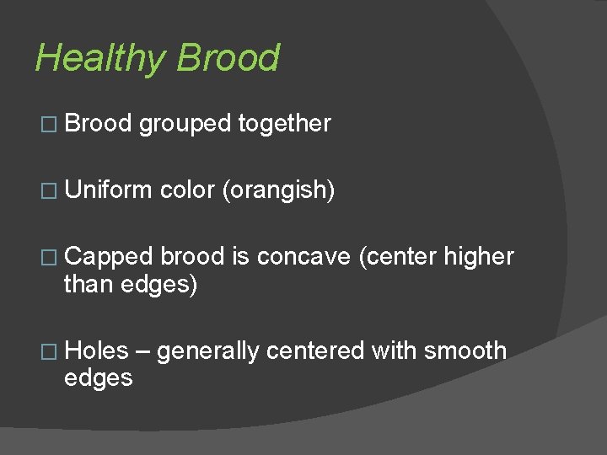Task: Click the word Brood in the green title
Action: point(228,59)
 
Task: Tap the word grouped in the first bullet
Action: point(185,124)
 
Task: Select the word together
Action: point(284,124)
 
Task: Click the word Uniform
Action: point(109,190)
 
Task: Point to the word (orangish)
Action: point(278,190)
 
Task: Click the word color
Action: point(188,190)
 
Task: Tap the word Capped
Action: point(109,257)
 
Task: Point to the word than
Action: point(89,285)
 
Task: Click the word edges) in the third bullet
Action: point(159,285)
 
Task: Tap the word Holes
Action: point(96,351)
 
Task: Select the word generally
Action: point(209,351)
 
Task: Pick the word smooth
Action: point(465,351)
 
